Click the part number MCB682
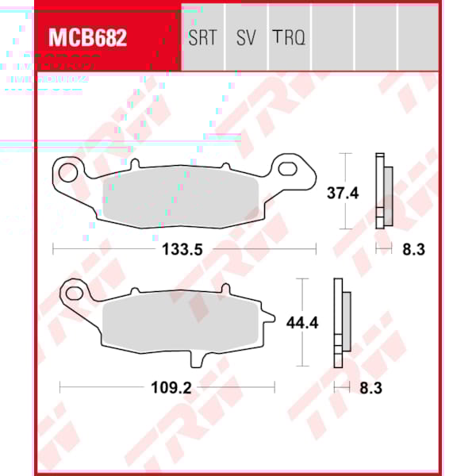(88, 37)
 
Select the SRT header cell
(202, 37)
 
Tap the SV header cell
(246, 37)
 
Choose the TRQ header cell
(289, 37)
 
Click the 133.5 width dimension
(183, 249)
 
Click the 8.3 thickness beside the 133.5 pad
(413, 249)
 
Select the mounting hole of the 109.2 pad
(76, 290)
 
